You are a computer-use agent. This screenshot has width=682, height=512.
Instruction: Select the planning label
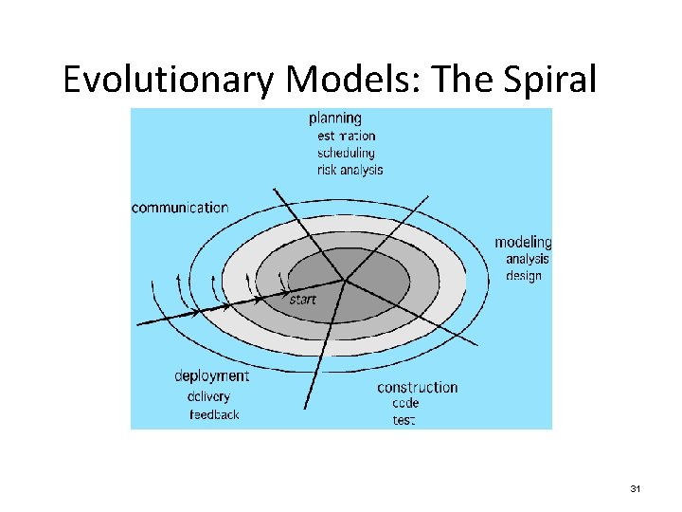(x=335, y=119)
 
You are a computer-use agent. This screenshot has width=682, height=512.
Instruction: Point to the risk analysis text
(x=350, y=170)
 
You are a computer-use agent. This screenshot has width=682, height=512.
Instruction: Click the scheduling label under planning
(x=346, y=153)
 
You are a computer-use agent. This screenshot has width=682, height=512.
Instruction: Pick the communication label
(x=180, y=208)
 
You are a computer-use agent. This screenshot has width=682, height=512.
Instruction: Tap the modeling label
(x=523, y=243)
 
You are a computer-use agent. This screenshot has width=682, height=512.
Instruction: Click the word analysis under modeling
(x=527, y=259)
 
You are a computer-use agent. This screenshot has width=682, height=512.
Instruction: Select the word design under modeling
(x=524, y=276)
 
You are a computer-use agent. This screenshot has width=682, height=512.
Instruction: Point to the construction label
(x=417, y=387)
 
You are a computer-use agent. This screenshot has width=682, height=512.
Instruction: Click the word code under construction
(x=405, y=403)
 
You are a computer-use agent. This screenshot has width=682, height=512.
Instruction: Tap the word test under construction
(x=404, y=419)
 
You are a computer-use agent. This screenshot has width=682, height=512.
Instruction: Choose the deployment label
(x=211, y=376)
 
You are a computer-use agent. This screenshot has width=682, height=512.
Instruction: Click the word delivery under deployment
(x=208, y=396)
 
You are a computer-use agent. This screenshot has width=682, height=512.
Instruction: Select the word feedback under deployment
(x=215, y=414)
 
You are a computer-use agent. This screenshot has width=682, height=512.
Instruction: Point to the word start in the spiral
(x=302, y=300)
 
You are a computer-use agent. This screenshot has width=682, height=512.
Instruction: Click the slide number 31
(x=636, y=488)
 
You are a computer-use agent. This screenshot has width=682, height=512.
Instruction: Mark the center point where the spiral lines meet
(x=344, y=280)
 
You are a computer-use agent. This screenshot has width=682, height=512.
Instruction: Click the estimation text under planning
(x=346, y=136)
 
